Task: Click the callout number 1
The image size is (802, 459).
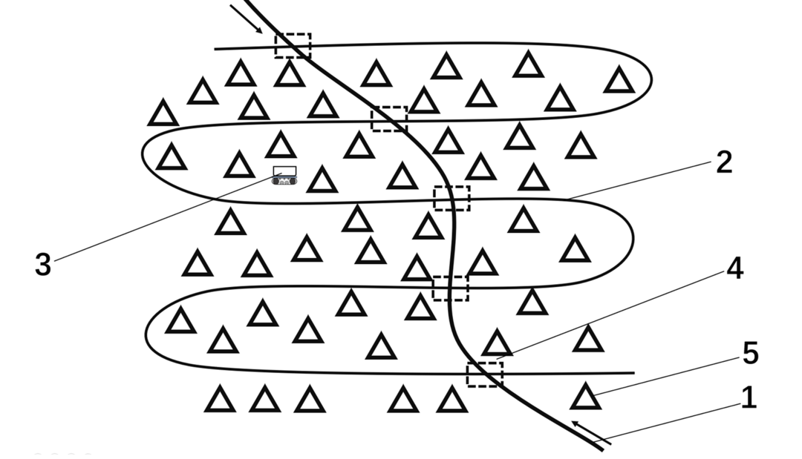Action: coord(749,397)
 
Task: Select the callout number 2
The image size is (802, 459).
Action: coord(724,162)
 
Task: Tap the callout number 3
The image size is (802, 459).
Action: coord(43,265)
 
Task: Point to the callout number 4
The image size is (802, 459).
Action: coord(735,268)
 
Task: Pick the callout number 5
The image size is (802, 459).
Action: coord(750,353)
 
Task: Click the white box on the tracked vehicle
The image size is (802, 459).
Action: coord(284,171)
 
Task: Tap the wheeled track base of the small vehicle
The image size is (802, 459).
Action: coord(284,180)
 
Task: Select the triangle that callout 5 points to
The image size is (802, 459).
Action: coord(586,397)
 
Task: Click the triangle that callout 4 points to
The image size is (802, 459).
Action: coord(497,343)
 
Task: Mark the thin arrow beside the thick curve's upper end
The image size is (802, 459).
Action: coord(247,19)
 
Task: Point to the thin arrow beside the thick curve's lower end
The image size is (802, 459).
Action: coord(591,432)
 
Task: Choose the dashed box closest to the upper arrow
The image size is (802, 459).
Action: coord(293,46)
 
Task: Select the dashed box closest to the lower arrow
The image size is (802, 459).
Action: coord(485,374)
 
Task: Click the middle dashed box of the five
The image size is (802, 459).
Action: coord(451,198)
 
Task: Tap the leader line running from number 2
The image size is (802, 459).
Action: coord(640,180)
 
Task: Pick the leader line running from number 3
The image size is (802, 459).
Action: coord(168,217)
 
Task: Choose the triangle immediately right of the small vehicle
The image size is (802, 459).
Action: coord(322,179)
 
